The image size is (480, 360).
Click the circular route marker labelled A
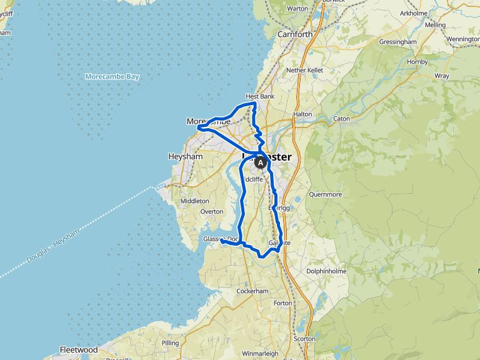tap(260, 162)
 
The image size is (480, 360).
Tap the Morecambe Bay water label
tap(112, 77)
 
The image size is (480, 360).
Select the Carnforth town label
tap(294, 34)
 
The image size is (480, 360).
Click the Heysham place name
tap(186, 156)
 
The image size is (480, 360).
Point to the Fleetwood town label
tap(78, 349)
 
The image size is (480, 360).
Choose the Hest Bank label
tap(260, 96)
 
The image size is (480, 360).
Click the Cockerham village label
tap(253, 291)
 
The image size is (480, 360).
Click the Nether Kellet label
tap(304, 71)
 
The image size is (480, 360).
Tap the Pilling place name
tap(170, 343)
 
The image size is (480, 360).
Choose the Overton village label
tap(212, 212)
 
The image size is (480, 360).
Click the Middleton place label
tap(194, 201)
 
